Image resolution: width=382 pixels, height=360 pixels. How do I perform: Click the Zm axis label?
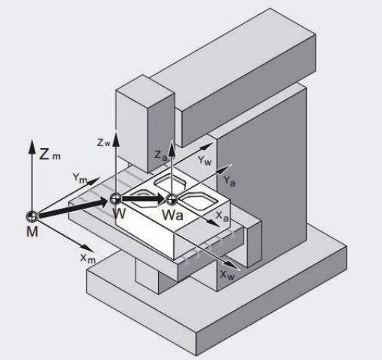50,155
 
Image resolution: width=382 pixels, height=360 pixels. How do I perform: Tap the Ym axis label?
80,178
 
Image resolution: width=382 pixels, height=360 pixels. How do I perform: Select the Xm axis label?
88,258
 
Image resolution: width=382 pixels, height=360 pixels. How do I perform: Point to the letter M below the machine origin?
32,232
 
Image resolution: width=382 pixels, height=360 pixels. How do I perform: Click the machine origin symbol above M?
32,216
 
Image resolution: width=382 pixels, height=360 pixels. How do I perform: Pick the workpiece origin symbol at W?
115,198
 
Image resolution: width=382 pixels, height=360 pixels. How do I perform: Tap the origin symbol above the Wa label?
172,199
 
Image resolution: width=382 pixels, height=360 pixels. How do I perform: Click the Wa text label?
172,215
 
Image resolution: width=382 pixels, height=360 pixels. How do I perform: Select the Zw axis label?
103,143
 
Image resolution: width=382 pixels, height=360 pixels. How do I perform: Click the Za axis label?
160,156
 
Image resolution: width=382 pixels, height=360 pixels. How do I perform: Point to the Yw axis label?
204,160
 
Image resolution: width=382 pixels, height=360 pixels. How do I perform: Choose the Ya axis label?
229,181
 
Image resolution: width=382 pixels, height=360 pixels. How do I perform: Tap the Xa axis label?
222,216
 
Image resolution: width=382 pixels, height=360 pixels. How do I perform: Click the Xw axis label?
228,275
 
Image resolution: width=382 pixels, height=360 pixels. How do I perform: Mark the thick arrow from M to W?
73,207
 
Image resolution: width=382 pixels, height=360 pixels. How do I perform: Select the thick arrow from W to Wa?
144,199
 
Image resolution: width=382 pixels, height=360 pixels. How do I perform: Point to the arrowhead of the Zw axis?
115,139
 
